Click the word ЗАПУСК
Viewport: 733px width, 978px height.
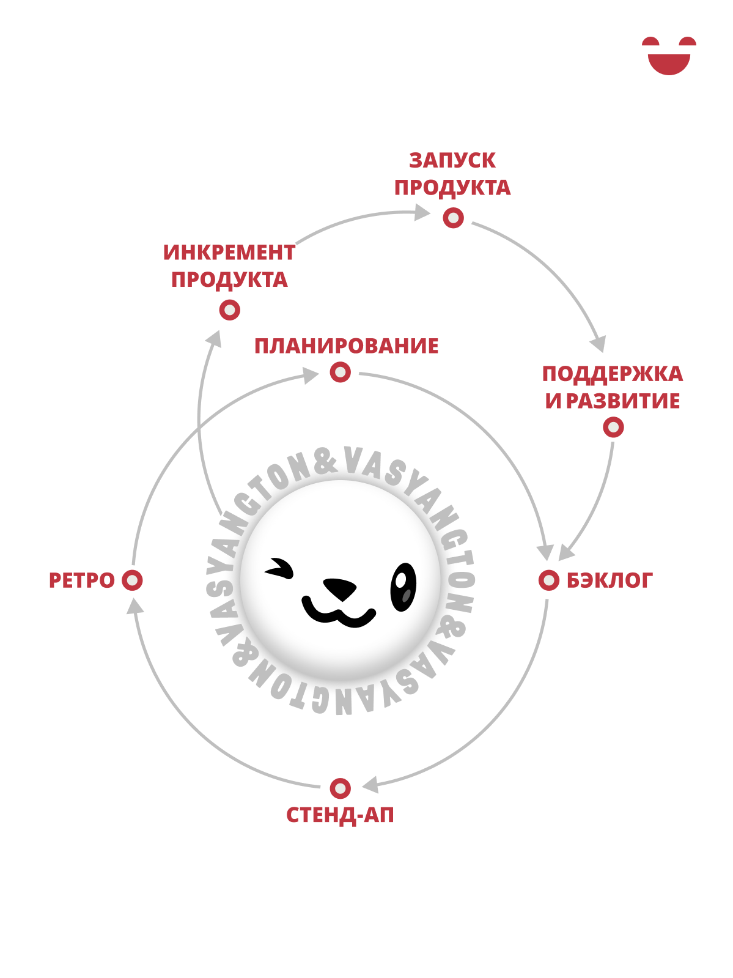click(x=452, y=161)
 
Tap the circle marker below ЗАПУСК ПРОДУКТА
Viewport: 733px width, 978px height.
click(x=454, y=218)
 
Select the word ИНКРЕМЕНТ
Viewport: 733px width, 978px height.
click(x=229, y=253)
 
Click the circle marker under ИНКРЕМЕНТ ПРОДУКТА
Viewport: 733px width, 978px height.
click(x=230, y=309)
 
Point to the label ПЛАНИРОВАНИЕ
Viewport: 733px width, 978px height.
click(x=346, y=346)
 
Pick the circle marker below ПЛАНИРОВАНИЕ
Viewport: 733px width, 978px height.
click(x=341, y=372)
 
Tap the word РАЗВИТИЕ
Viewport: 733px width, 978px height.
click(x=622, y=401)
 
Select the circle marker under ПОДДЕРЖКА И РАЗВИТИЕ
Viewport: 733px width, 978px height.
click(x=613, y=428)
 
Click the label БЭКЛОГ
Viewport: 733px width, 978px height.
click(x=609, y=580)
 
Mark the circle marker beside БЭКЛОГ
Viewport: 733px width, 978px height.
click(x=548, y=580)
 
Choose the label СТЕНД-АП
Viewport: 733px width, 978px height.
click(x=340, y=815)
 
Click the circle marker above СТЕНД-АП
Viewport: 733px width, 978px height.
click(x=341, y=788)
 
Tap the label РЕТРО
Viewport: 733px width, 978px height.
click(x=81, y=580)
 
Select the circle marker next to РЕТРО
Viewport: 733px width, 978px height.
click(x=132, y=580)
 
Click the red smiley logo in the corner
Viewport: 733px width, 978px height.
click(x=669, y=56)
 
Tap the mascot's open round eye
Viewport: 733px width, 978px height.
click(x=403, y=587)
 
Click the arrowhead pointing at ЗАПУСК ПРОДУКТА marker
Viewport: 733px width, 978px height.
click(x=422, y=212)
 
